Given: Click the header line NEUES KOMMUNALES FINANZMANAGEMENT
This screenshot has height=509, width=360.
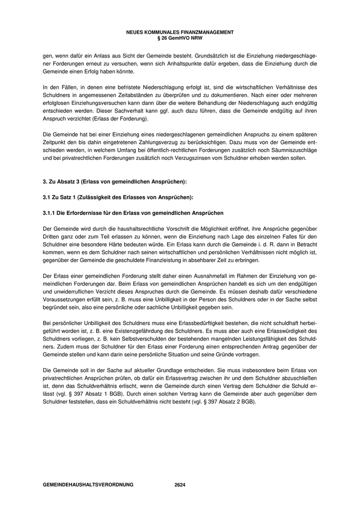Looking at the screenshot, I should [x=180, y=32].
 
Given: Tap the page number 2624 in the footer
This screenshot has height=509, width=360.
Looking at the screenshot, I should [x=180, y=484].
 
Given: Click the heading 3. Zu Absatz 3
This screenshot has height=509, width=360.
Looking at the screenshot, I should [x=115, y=181].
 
